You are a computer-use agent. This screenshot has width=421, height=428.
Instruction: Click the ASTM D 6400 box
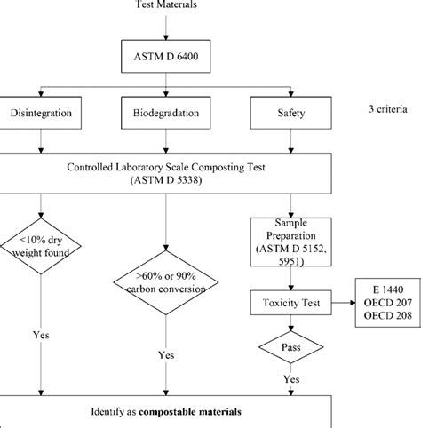tap(167, 59)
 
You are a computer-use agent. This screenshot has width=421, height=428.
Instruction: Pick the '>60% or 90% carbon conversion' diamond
tap(166, 281)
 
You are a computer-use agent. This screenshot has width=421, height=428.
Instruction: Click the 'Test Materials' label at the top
tap(166, 5)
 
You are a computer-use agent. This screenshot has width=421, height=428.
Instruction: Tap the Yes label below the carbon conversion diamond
tap(166, 354)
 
